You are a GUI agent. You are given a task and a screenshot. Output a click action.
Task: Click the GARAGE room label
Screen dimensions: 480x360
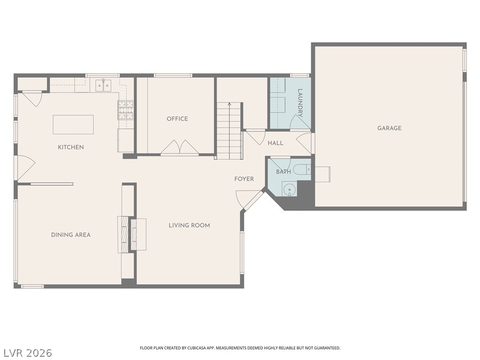[x=389, y=128]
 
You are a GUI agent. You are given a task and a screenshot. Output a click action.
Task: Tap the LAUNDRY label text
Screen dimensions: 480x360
[x=300, y=103]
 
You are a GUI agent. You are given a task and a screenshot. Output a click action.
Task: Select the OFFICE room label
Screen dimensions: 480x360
[x=177, y=119]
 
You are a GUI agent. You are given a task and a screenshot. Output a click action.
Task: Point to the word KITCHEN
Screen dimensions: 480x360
[x=71, y=147]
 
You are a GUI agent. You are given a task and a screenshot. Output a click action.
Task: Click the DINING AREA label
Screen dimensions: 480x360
[x=71, y=235]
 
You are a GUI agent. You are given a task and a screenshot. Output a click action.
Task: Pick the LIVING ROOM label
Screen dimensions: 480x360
[x=189, y=225]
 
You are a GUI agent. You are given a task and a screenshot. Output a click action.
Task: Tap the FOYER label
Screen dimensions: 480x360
[x=244, y=179]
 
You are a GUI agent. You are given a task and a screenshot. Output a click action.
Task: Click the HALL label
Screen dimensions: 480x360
[x=276, y=143]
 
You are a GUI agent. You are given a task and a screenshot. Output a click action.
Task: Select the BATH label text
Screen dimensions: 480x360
[x=284, y=172]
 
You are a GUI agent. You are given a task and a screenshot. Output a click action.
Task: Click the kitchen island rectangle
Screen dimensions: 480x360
[x=73, y=125]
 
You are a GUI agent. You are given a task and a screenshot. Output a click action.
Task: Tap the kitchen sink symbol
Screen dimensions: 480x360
[x=104, y=85]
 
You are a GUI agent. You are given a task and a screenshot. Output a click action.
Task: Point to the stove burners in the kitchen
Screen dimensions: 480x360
[x=126, y=110]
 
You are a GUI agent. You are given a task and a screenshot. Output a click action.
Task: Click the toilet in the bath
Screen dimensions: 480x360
[x=302, y=169]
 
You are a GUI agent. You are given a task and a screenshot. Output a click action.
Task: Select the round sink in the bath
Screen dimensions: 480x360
[x=289, y=189]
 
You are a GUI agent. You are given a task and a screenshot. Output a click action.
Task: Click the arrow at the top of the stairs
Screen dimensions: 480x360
[x=229, y=105]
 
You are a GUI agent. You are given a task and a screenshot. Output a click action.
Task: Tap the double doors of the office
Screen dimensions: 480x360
[x=180, y=147]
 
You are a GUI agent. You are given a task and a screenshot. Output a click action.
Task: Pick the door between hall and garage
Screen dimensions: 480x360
[x=305, y=143]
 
